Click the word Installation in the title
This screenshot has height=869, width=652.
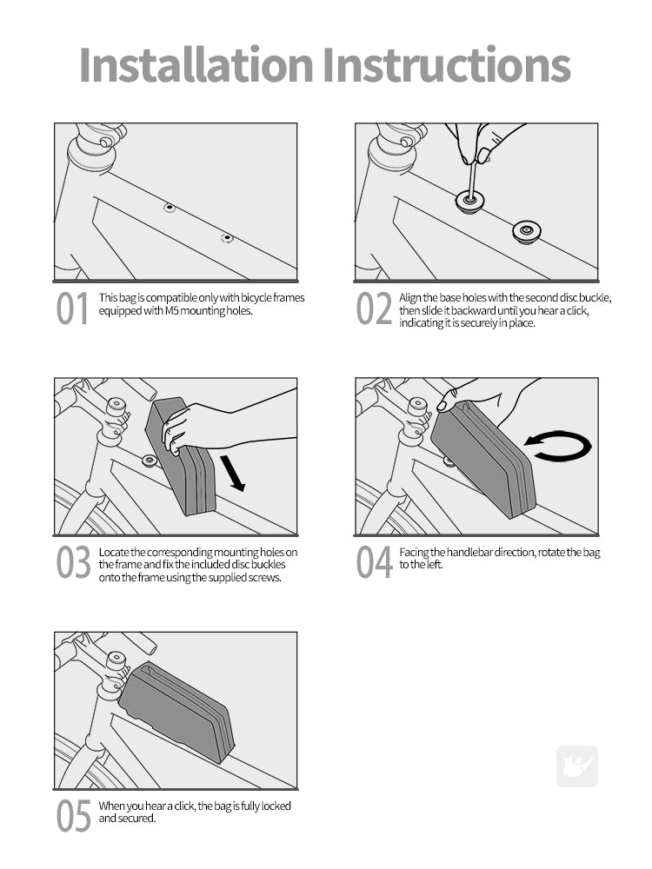point(196,65)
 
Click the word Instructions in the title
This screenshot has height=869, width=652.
point(447,65)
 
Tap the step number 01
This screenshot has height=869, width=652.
point(72,308)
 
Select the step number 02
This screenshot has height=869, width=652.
point(374,308)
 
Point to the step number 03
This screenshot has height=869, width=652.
point(73,562)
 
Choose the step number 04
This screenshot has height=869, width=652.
point(374,562)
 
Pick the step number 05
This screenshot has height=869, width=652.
point(73,816)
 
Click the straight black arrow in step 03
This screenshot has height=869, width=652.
point(232,473)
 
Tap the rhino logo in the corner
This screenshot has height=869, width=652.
point(577,766)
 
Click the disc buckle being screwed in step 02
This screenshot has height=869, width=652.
point(469,202)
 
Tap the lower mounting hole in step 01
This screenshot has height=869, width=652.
point(227,238)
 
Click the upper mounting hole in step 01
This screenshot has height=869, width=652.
point(170,208)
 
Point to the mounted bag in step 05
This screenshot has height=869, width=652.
point(176,710)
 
